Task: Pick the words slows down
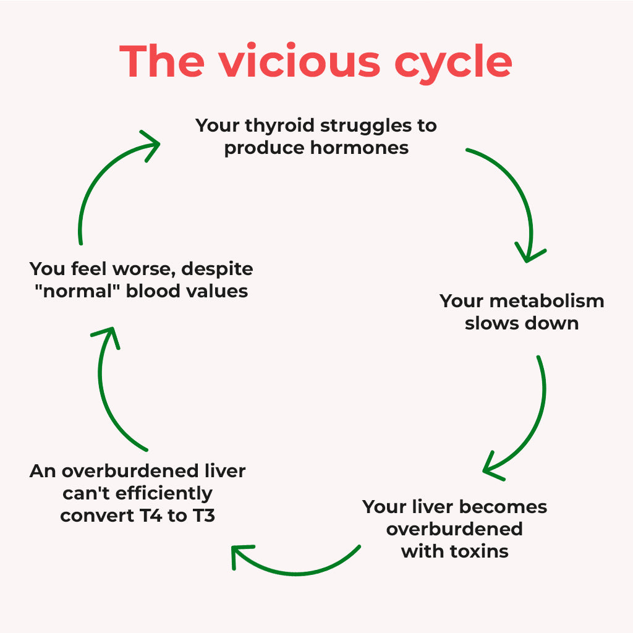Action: [522, 323]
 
